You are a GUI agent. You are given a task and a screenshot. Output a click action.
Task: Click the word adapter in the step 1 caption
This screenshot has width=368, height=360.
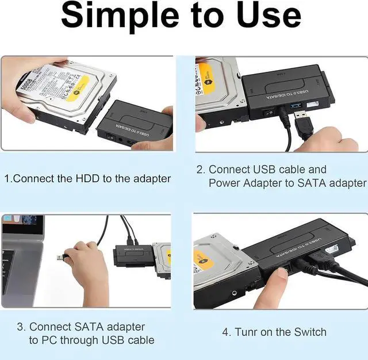(x=151, y=179)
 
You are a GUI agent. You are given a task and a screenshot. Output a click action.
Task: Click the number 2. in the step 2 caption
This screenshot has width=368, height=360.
(x=201, y=170)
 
